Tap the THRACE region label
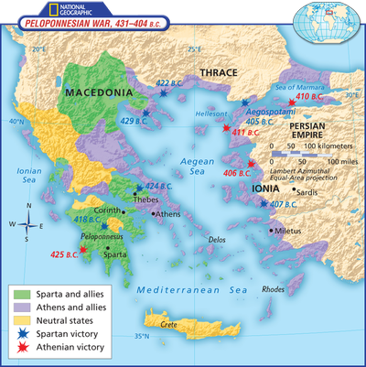point(219,72)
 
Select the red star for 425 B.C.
point(83,248)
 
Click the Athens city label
point(167,214)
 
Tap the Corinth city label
point(106,210)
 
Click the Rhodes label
point(273,289)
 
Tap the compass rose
point(28,223)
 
